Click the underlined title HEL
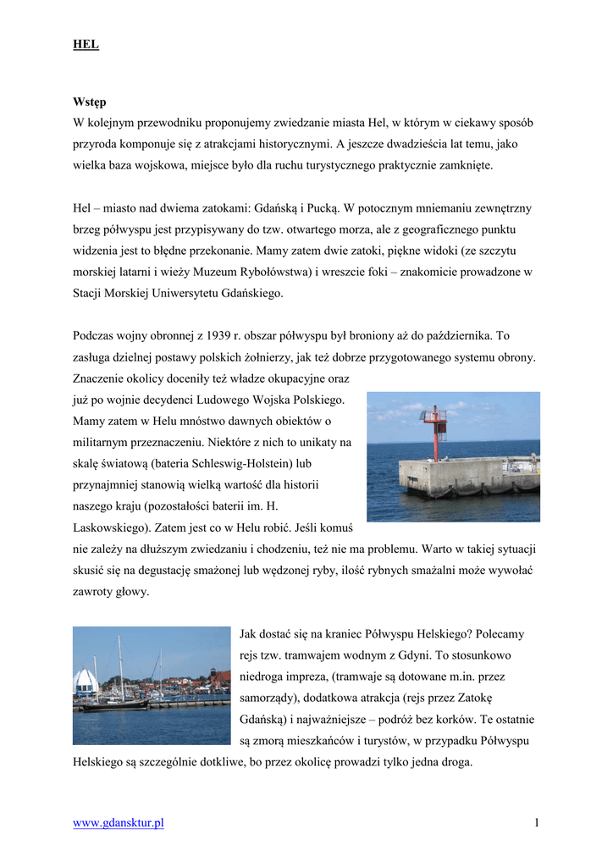(x=86, y=45)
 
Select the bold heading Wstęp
(x=89, y=102)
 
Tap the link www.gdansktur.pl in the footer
(x=119, y=823)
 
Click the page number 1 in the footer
(x=537, y=823)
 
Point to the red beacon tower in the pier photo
(x=435, y=432)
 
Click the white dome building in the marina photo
(x=86, y=682)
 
